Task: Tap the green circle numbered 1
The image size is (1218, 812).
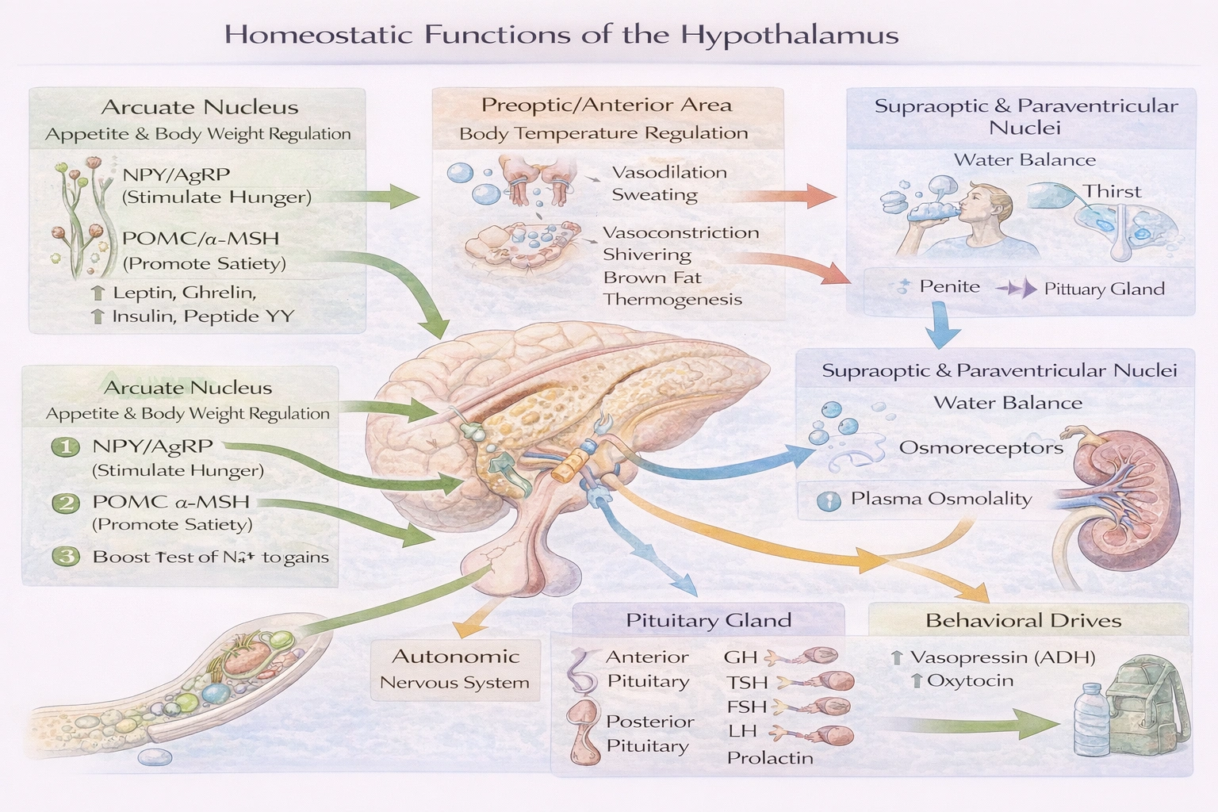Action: (66, 447)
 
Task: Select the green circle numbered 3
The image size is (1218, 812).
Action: (66, 556)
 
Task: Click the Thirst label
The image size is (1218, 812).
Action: (1112, 191)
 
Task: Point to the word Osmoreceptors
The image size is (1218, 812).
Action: (980, 447)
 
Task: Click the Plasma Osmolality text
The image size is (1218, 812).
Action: (940, 499)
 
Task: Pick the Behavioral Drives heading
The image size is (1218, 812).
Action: (1023, 620)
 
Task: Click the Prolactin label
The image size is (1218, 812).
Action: (769, 757)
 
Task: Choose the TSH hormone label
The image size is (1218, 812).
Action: (747, 682)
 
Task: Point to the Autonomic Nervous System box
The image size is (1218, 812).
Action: (454, 668)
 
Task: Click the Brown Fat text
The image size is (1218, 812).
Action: (652, 278)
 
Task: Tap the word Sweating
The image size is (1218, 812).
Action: (654, 195)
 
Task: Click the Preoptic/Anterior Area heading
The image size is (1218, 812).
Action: (606, 105)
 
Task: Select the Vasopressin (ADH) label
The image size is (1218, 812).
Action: (1002, 657)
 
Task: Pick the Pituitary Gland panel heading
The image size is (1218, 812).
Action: (708, 620)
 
